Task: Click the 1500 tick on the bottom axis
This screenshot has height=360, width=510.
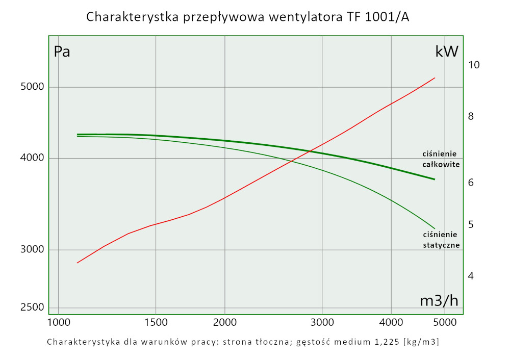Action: coord(156,322)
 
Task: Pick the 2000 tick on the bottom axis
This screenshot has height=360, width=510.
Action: coord(225,322)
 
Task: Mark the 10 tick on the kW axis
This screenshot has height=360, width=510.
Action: coord(474,65)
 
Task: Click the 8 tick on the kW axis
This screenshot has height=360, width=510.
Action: coord(471,116)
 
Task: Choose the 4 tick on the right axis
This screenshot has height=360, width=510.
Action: coord(471,276)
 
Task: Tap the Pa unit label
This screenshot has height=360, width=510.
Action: coord(62,52)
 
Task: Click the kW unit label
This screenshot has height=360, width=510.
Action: coord(447,52)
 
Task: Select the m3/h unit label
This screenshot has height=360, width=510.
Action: coord(439,300)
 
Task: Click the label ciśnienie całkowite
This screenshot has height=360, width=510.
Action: coord(441,159)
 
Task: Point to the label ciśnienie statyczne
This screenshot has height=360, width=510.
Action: coord(441,240)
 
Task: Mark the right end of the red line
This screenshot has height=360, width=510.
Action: coord(435,78)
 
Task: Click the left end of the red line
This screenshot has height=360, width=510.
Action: coord(78,263)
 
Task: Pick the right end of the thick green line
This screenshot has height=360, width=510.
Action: coord(435,179)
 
